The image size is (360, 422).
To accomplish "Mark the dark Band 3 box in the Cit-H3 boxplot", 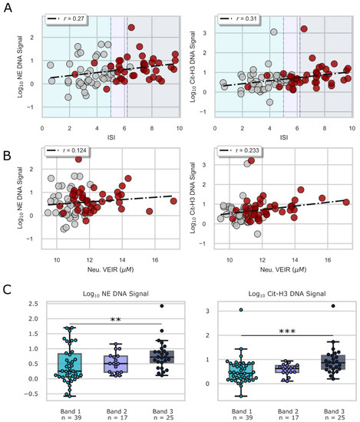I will (x=322, y=361).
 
